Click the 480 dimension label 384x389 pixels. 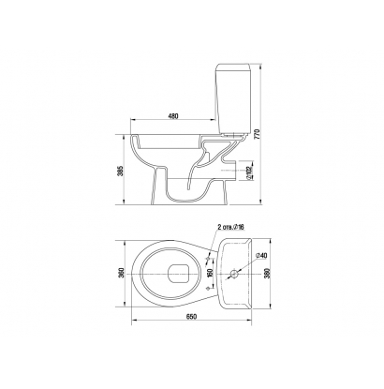(x=172, y=116)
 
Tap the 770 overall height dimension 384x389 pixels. (x=257, y=134)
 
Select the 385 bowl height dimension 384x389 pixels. (x=122, y=171)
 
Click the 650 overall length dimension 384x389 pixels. (x=191, y=317)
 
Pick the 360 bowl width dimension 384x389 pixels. (x=122, y=273)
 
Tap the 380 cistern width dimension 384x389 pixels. (x=266, y=273)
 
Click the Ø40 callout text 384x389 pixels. (x=262, y=255)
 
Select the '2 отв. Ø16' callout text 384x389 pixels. (x=230, y=227)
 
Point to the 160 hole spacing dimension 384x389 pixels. (x=210, y=273)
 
